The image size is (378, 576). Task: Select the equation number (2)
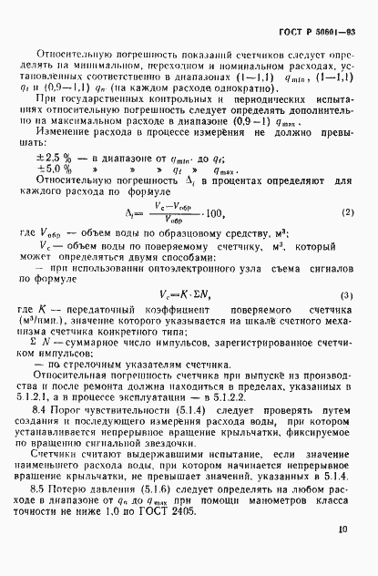(x=347, y=238)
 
